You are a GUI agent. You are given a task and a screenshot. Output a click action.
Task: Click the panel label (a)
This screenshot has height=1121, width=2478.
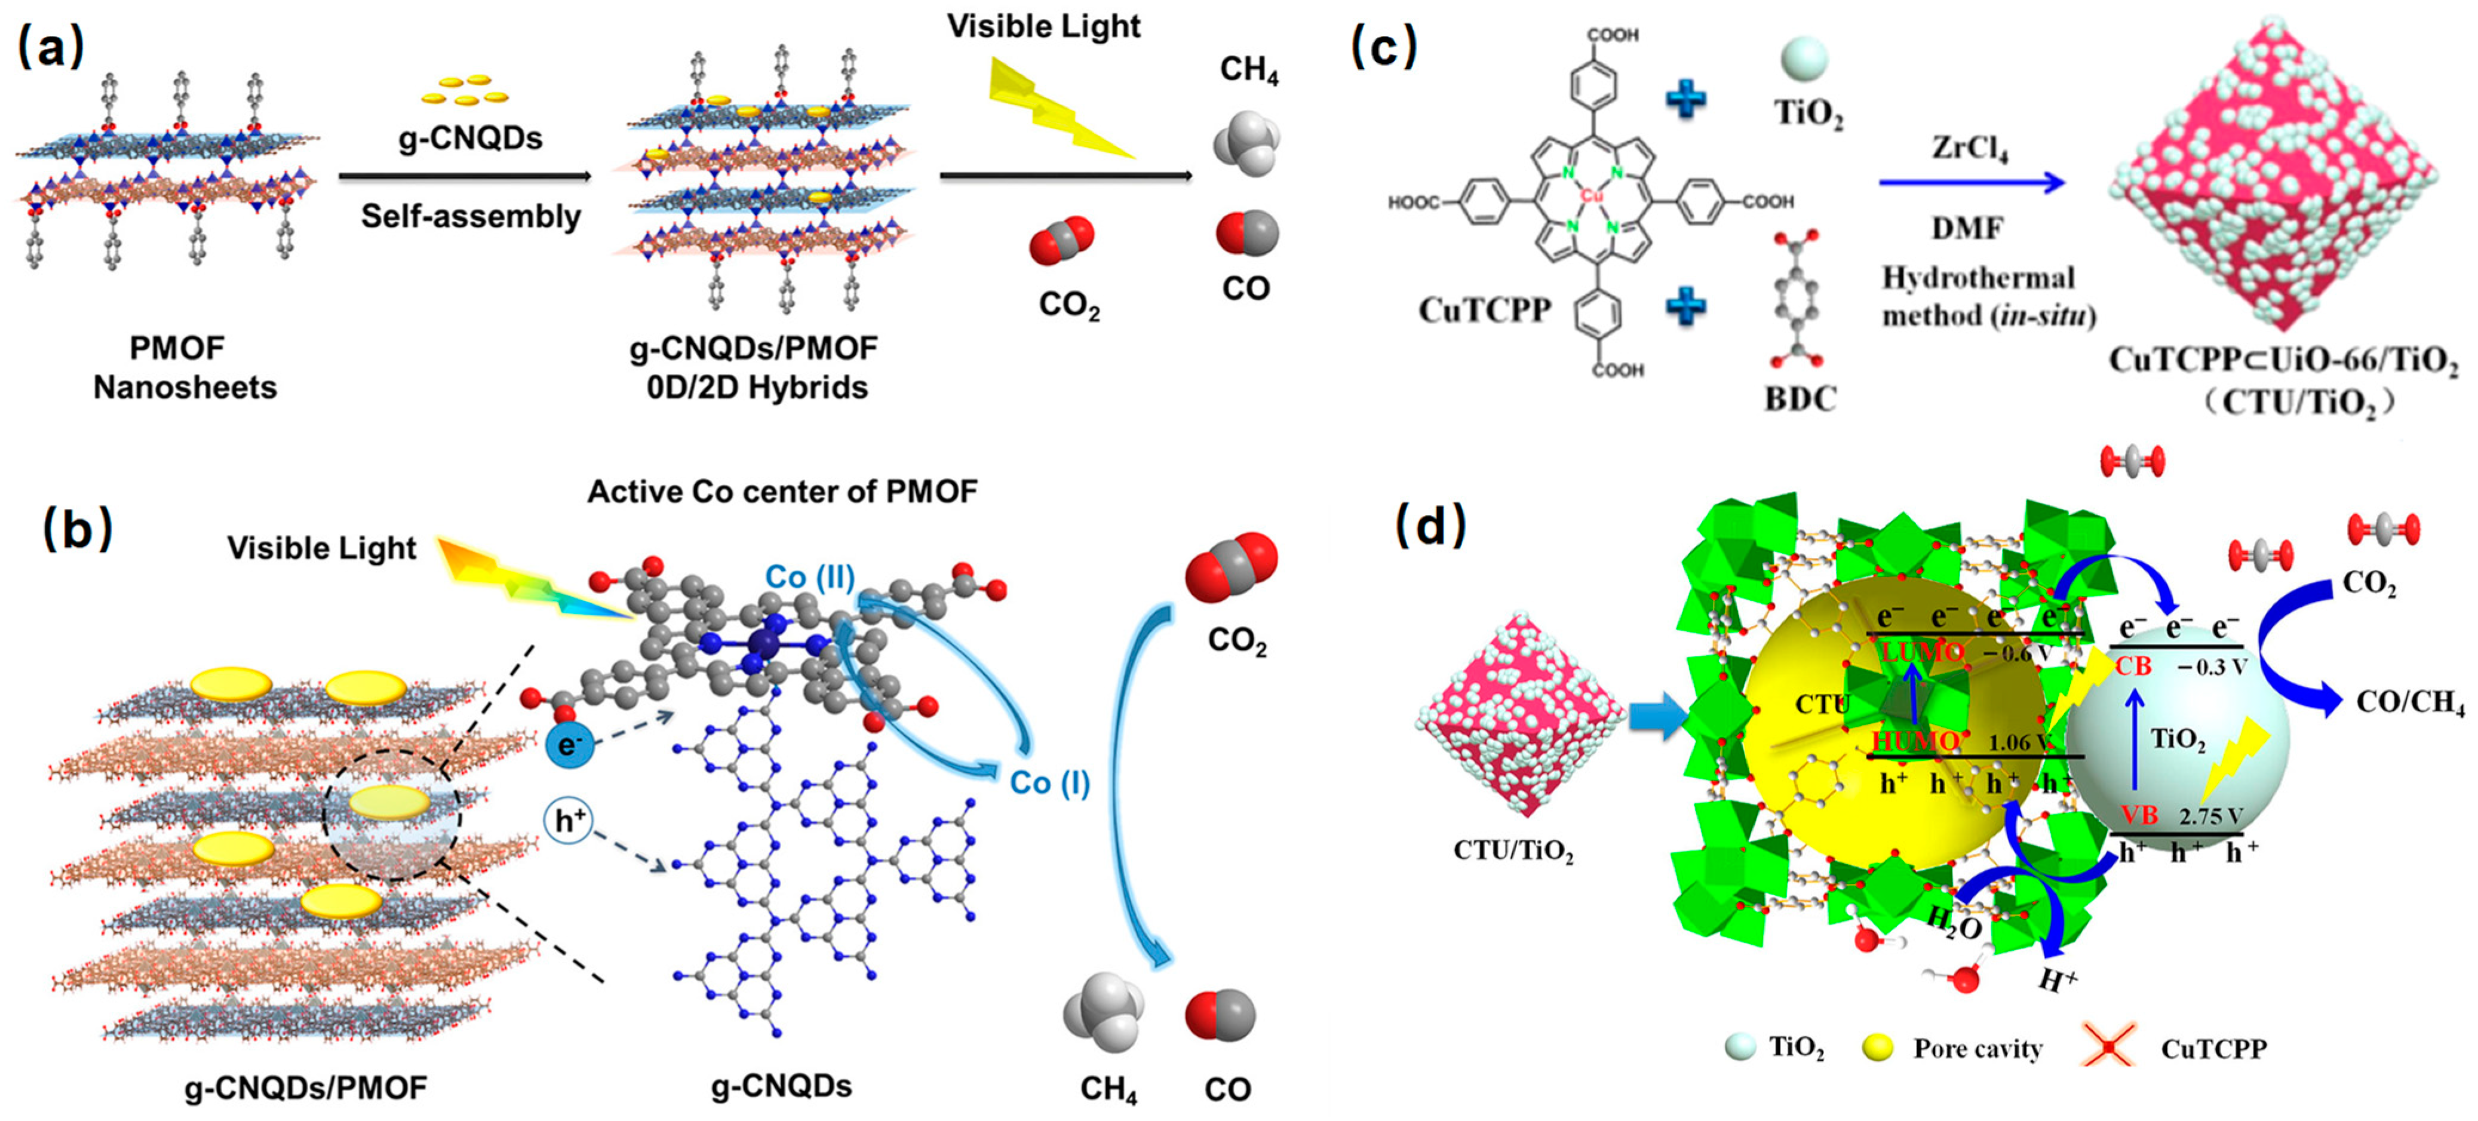click(51, 46)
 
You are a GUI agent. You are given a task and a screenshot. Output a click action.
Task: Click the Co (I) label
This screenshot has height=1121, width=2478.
click(1049, 782)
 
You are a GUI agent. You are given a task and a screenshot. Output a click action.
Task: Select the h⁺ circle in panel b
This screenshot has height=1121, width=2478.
click(569, 821)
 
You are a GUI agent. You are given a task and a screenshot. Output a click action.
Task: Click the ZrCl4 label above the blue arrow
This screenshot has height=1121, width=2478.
click(1969, 149)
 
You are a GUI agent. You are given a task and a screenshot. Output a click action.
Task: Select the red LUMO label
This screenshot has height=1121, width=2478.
click(1922, 652)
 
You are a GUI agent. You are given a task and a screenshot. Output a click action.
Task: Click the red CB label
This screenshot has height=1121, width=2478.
click(2133, 666)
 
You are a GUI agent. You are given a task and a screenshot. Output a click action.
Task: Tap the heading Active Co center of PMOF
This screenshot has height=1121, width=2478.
click(782, 492)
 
